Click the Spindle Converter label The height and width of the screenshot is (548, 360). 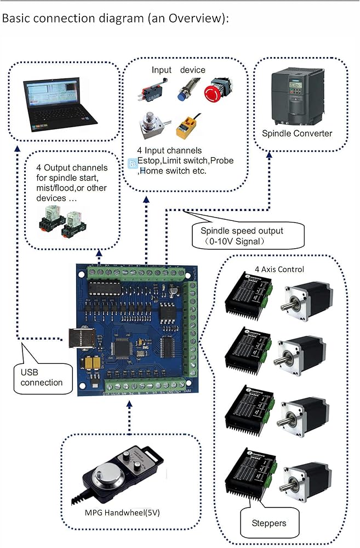[x=297, y=133]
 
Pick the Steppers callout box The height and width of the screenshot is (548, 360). [x=268, y=523]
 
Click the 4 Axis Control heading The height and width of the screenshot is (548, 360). [x=279, y=269]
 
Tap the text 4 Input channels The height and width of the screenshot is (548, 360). [x=170, y=150]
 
